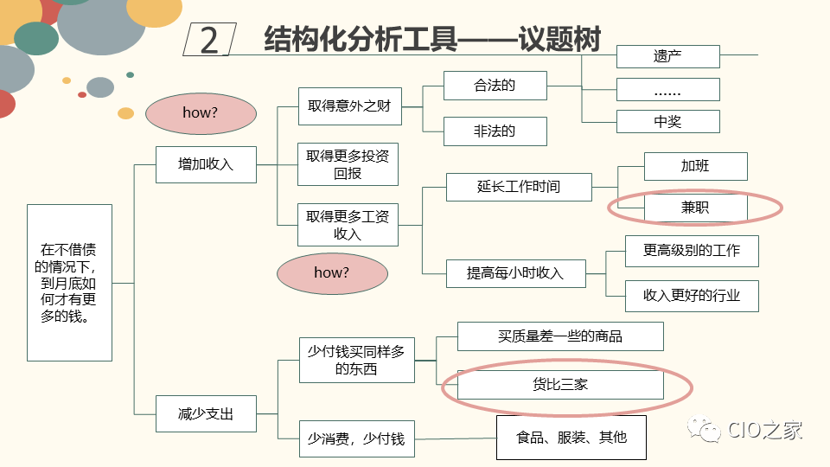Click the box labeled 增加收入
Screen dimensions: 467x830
pos(206,164)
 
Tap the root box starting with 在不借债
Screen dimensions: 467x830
pos(69,282)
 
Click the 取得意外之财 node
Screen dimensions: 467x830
pos(349,106)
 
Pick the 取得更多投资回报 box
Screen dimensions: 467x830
pos(348,164)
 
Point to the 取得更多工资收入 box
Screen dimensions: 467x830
pos(348,225)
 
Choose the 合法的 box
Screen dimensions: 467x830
pos(495,86)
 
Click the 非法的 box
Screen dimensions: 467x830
pos(495,131)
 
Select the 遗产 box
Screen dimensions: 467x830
pos(667,57)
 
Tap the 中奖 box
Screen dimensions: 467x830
pos(667,122)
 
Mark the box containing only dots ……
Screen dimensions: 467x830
pos(667,90)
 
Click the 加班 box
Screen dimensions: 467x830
pos(695,166)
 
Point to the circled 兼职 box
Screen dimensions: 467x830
pos(695,208)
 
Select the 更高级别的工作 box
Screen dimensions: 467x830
pos(692,251)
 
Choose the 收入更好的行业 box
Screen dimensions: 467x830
pos(692,296)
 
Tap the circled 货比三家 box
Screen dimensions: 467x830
pos(560,385)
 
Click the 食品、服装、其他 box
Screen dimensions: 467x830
pos(571,438)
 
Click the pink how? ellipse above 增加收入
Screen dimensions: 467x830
pos(201,113)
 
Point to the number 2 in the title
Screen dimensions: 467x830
pos(209,41)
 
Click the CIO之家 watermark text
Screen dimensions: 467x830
pos(765,430)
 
